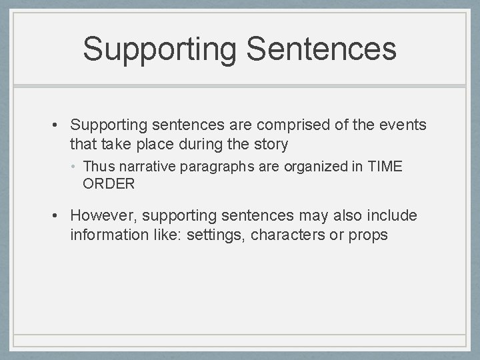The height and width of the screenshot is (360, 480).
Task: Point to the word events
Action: pyautogui.click(x=403, y=125)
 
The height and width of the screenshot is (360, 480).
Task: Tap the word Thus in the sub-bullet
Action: pyautogui.click(x=97, y=167)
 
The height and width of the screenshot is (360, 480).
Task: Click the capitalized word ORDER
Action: pyautogui.click(x=109, y=183)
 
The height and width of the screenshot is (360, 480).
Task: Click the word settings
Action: pyautogui.click(x=219, y=235)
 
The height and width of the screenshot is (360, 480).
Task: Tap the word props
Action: pyautogui.click(x=367, y=235)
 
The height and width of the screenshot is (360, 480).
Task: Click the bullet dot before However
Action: pyautogui.click(x=59, y=215)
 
